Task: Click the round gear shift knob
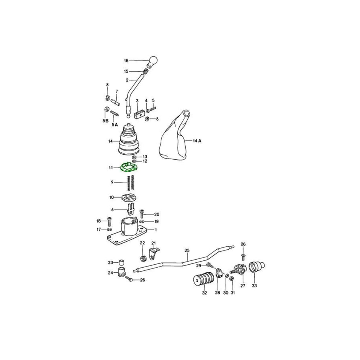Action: click(152, 62)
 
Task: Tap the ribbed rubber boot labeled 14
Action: click(129, 140)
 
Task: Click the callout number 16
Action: click(126, 61)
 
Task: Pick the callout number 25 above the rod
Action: click(187, 250)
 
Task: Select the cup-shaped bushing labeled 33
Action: click(257, 267)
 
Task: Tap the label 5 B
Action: click(105, 121)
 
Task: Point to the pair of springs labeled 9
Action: click(131, 183)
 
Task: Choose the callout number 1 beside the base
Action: click(156, 229)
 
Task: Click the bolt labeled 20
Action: click(142, 214)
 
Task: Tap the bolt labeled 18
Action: click(109, 222)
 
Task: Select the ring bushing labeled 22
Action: click(144, 258)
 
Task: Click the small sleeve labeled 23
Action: click(121, 262)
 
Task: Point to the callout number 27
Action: click(243, 286)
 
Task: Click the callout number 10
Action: click(111, 198)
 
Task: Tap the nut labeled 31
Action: click(232, 279)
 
